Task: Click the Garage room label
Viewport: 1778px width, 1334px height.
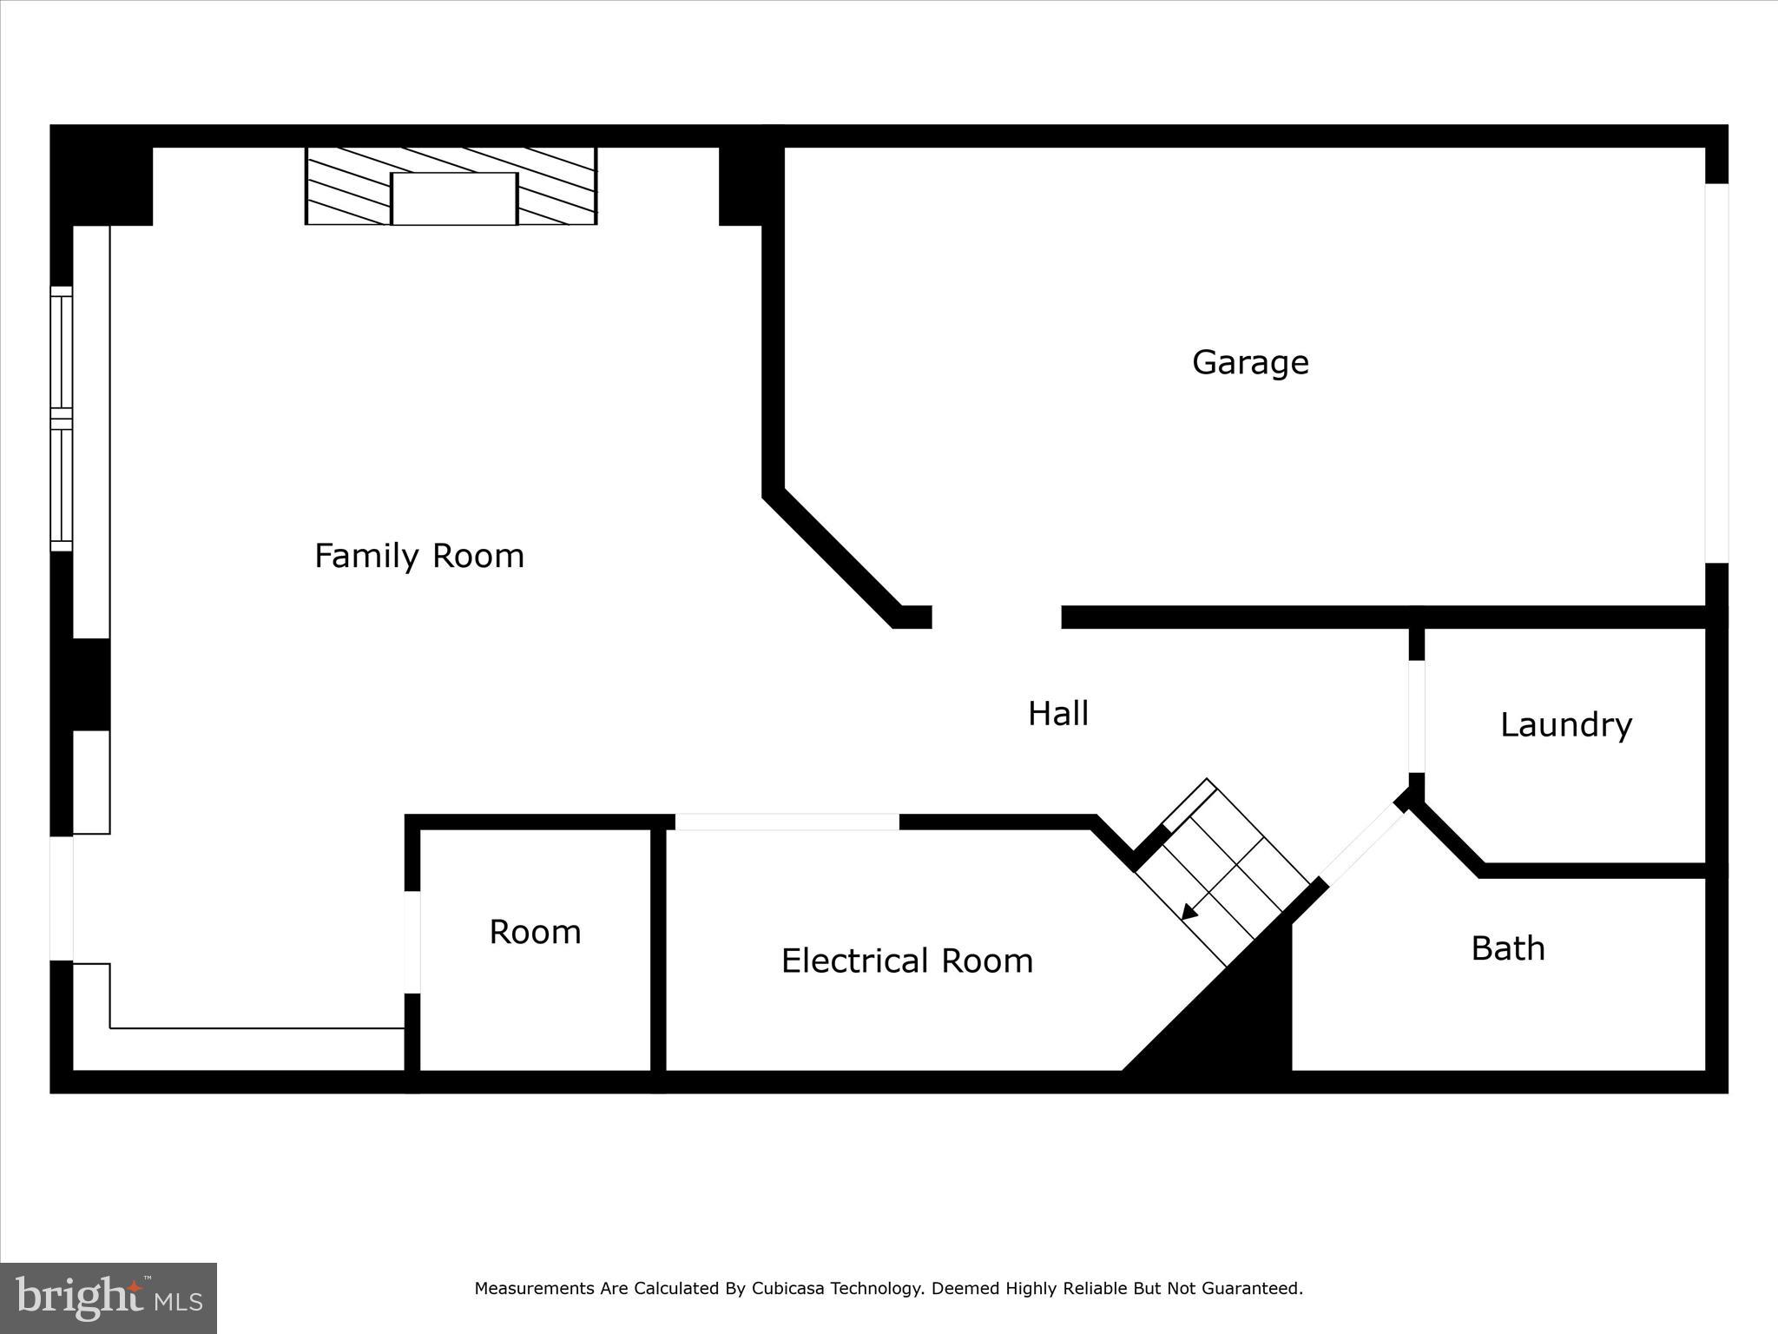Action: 1249,362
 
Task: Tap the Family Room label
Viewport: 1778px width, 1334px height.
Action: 419,556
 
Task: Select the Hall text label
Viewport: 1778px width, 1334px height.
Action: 1057,714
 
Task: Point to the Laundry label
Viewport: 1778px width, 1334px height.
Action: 1565,725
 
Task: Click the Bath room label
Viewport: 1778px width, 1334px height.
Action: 1507,948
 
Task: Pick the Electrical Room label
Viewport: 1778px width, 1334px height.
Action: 906,961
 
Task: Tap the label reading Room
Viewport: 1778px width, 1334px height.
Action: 535,932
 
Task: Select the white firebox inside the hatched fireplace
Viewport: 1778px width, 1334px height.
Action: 454,198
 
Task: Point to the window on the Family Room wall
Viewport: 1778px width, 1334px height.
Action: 61,419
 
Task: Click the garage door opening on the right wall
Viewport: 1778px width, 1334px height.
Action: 1716,373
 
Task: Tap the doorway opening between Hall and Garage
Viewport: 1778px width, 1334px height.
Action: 996,617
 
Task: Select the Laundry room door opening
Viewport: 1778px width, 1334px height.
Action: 1416,717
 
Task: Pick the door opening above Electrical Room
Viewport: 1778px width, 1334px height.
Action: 787,822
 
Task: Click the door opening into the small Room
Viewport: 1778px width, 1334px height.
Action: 412,941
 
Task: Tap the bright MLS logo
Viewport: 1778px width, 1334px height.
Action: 109,1298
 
